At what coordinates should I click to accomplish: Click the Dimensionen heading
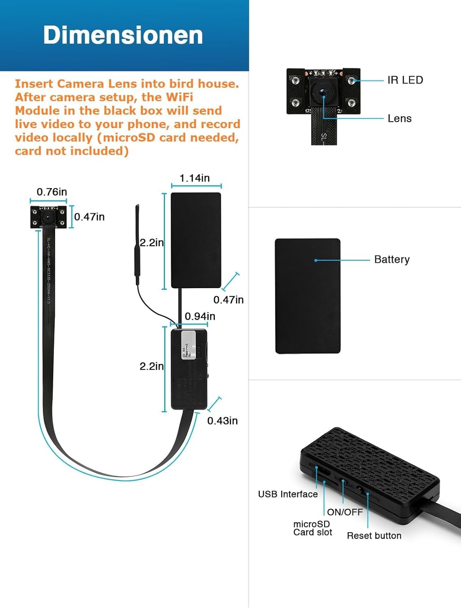tap(123, 35)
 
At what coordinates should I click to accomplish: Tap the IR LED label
tap(405, 80)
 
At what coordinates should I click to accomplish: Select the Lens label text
tap(399, 118)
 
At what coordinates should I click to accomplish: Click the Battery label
tap(392, 259)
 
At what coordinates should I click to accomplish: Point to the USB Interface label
tap(288, 494)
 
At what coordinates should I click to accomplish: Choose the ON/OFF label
tap(345, 512)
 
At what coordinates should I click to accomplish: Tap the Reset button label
tap(374, 535)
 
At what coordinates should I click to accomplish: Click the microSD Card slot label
tap(312, 528)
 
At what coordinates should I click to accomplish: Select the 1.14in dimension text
tap(195, 178)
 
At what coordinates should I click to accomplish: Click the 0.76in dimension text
tap(52, 192)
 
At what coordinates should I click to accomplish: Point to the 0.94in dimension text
tap(200, 316)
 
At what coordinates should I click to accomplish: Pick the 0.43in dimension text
tap(222, 421)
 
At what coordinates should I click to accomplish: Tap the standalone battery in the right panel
tap(307, 296)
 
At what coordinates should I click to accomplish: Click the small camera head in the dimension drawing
tap(48, 216)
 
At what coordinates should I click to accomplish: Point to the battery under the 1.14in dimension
tap(196, 240)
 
